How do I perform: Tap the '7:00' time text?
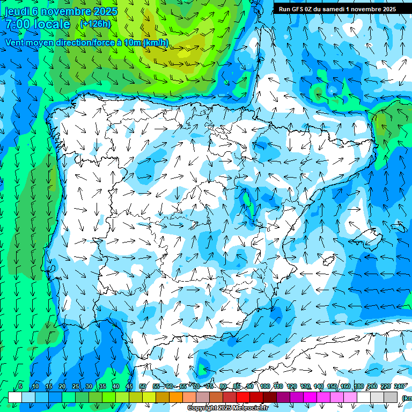[19, 25]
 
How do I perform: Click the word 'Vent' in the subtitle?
[16, 43]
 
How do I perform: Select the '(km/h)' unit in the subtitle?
[155, 43]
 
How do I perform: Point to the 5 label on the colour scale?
[20, 386]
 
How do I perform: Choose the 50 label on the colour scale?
[143, 386]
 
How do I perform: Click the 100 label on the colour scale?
[264, 386]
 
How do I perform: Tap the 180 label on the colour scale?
[359, 386]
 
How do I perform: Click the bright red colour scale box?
[243, 397]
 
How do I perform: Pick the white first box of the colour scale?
[15, 397]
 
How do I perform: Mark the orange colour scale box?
[176, 397]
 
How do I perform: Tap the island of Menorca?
[398, 227]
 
